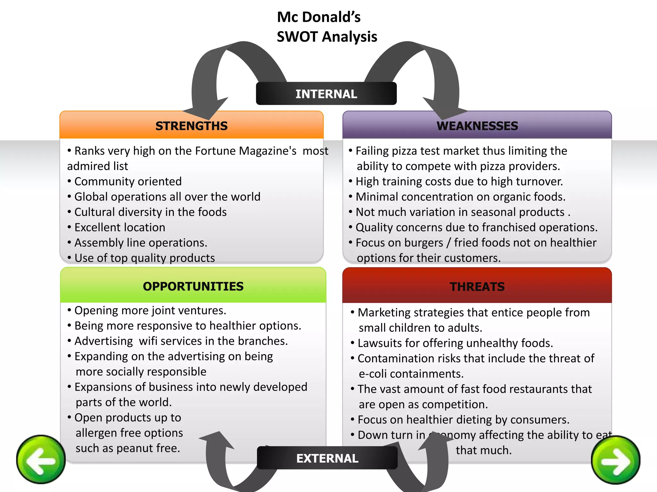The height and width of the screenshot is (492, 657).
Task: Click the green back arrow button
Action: point(41,459)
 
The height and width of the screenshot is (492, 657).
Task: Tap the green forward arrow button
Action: point(616,460)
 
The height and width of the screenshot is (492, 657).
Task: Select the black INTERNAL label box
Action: point(326,94)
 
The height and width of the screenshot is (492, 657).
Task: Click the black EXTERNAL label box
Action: point(327,458)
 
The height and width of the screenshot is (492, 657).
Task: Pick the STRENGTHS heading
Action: point(192,126)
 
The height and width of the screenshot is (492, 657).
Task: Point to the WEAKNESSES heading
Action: point(477,126)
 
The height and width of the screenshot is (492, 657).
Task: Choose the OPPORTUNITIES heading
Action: point(193,286)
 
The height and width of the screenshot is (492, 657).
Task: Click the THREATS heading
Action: point(477,287)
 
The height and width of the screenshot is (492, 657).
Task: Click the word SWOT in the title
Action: point(297,37)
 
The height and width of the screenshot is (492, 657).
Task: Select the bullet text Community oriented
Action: point(128,182)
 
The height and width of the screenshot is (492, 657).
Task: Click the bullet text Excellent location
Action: point(120,227)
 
